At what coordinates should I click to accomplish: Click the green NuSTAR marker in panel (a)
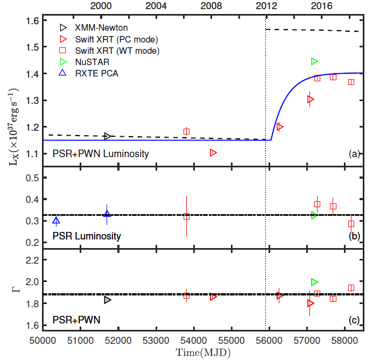pyautogui.click(x=314, y=61)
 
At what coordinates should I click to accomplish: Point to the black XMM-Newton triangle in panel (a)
pyautogui.click(x=108, y=136)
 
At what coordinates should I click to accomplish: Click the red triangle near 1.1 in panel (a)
pyautogui.click(x=213, y=153)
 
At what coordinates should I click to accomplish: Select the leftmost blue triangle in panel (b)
pyautogui.click(x=56, y=221)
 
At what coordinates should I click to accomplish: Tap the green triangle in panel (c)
pyautogui.click(x=314, y=282)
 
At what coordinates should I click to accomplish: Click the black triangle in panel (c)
pyautogui.click(x=108, y=300)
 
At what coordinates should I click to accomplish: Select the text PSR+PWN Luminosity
pyautogui.click(x=101, y=154)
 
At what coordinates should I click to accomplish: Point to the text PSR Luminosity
pyautogui.click(x=87, y=236)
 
